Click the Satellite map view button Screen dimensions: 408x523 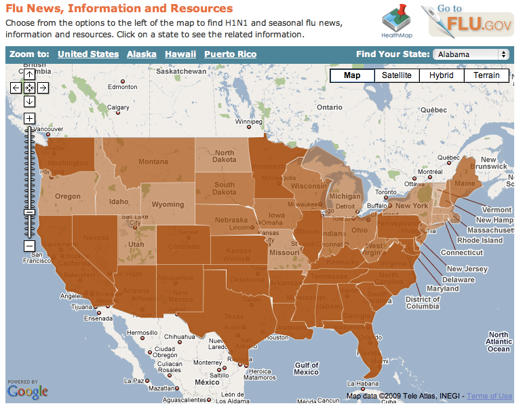[396, 75]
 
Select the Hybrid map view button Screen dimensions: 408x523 [441, 75]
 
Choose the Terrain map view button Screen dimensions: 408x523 [486, 75]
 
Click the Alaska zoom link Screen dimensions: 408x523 [141, 54]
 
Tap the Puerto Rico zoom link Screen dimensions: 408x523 [230, 54]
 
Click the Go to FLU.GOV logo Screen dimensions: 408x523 [466, 21]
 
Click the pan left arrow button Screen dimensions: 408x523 [16, 88]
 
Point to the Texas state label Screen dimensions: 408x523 [233, 316]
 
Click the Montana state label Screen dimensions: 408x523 [153, 162]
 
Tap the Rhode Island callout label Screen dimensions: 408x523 [480, 240]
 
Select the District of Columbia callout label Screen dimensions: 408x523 [423, 303]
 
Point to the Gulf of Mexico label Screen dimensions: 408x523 [307, 369]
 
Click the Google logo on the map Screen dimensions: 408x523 [28, 392]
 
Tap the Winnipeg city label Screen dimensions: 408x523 [248, 122]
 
